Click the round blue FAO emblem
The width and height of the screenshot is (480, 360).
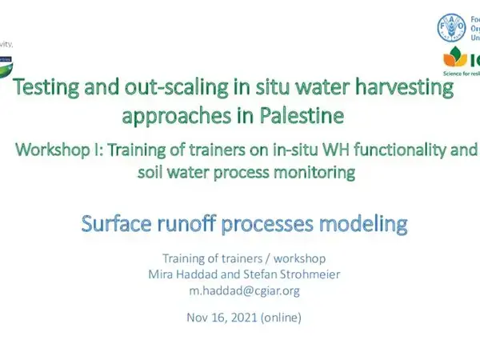click(x=450, y=27)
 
